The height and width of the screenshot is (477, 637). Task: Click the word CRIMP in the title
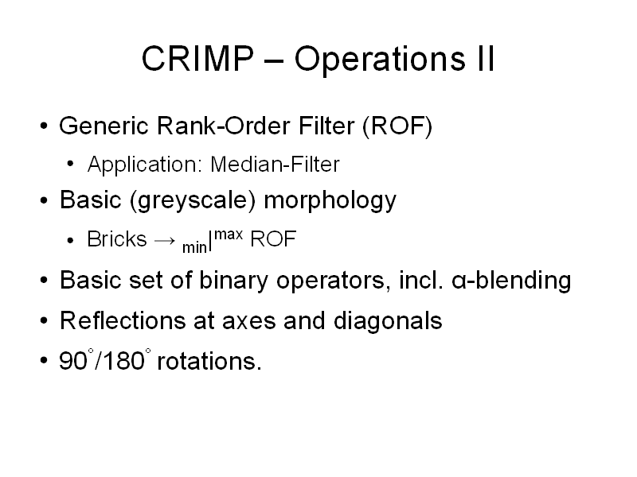pyautogui.click(x=197, y=58)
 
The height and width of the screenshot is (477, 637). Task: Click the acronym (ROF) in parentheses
pyautogui.click(x=397, y=126)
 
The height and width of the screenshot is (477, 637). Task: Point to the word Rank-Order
pyautogui.click(x=223, y=126)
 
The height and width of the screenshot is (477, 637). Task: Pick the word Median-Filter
pyautogui.click(x=275, y=165)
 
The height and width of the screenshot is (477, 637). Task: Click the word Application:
pyautogui.click(x=145, y=165)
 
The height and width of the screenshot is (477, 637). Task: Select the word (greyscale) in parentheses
pyautogui.click(x=193, y=201)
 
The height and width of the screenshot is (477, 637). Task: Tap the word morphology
pyautogui.click(x=330, y=201)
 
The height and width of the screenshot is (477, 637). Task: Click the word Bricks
pyautogui.click(x=116, y=239)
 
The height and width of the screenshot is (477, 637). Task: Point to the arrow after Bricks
pyautogui.click(x=165, y=241)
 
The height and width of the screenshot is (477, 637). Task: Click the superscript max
pyautogui.click(x=229, y=235)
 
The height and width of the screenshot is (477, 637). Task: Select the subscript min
pyautogui.click(x=194, y=247)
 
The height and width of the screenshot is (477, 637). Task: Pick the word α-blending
pyautogui.click(x=511, y=280)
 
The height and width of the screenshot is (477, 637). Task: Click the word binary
pyautogui.click(x=233, y=281)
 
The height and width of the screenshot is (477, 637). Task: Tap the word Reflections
pyautogui.click(x=123, y=320)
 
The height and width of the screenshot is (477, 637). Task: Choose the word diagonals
pyautogui.click(x=388, y=322)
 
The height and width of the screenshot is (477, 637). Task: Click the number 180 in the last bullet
pyautogui.click(x=124, y=361)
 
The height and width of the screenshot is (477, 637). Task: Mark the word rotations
pyautogui.click(x=209, y=361)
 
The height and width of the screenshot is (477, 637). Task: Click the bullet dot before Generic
pyautogui.click(x=44, y=126)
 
